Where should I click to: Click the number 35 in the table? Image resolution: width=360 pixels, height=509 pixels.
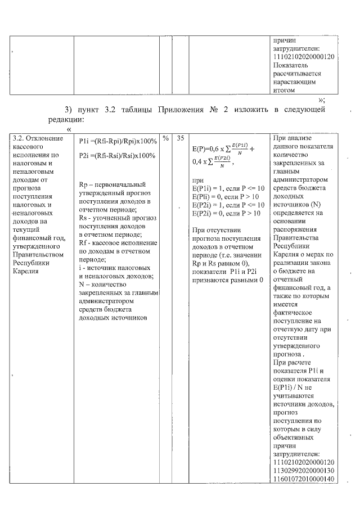click(x=181, y=138)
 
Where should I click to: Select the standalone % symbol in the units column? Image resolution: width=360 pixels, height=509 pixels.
click(x=166, y=138)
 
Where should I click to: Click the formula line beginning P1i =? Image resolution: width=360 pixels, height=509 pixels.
click(x=118, y=141)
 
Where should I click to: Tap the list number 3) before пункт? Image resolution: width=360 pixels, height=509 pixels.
click(x=70, y=110)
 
